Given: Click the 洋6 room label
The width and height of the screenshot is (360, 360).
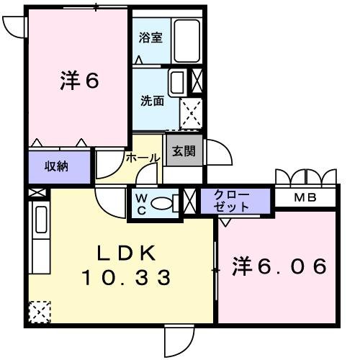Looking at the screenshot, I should [78, 81].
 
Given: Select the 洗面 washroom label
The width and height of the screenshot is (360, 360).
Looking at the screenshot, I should [151, 101].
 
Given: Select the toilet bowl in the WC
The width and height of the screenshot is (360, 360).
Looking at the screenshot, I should [166, 202].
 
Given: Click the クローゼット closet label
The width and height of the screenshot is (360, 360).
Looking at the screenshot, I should [232, 200].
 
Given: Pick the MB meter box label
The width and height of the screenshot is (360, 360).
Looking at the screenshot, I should [307, 197].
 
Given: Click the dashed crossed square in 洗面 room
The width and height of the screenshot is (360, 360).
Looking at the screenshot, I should [192, 112].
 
